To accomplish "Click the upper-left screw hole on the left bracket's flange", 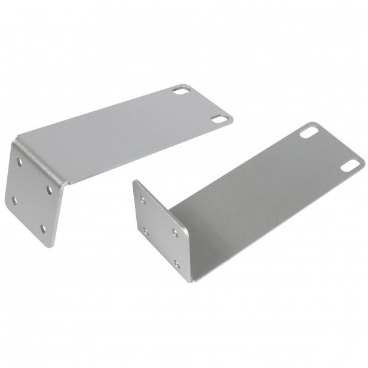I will point(23,162).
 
